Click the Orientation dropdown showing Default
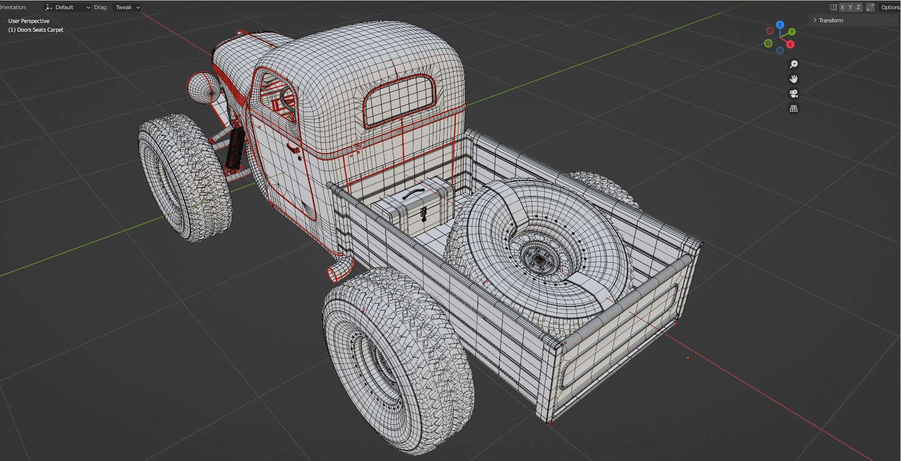coord(67,7)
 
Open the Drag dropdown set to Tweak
coord(127,7)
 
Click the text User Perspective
coord(29,21)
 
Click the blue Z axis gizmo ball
coord(780,25)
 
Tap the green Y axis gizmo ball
coord(792,32)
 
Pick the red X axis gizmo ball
coord(790,44)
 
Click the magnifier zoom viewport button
coord(794,64)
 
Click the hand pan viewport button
coord(794,79)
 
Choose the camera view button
coord(794,94)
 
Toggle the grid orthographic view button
coord(794,109)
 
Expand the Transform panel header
coord(830,20)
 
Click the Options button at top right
coord(890,7)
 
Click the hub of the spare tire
coord(539,260)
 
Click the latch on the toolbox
coord(424,213)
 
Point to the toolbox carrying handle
coord(413,193)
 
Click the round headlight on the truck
coord(201,88)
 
